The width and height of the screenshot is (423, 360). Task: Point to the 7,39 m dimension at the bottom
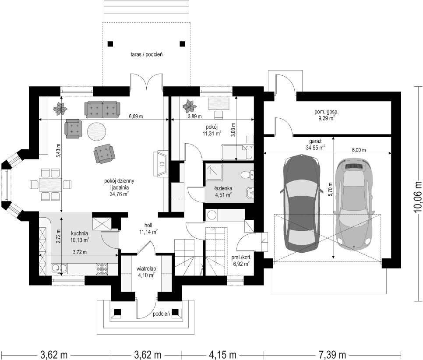(332, 354)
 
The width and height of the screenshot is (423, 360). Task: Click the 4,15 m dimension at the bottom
(223, 354)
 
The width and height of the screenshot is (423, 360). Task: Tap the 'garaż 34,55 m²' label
(315, 145)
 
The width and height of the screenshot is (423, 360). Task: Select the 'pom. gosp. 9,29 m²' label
(326, 115)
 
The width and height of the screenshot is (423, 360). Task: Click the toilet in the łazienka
(247, 175)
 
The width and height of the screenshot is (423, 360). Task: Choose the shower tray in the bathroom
(215, 172)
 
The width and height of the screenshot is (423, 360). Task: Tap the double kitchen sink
(60, 268)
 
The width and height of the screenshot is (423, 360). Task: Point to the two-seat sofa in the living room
(102, 110)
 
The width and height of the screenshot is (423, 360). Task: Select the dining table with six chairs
(51, 184)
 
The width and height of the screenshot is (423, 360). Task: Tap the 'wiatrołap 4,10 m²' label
(146, 272)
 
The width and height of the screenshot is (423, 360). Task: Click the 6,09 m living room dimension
(136, 116)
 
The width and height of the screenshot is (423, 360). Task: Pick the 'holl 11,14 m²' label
(148, 228)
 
